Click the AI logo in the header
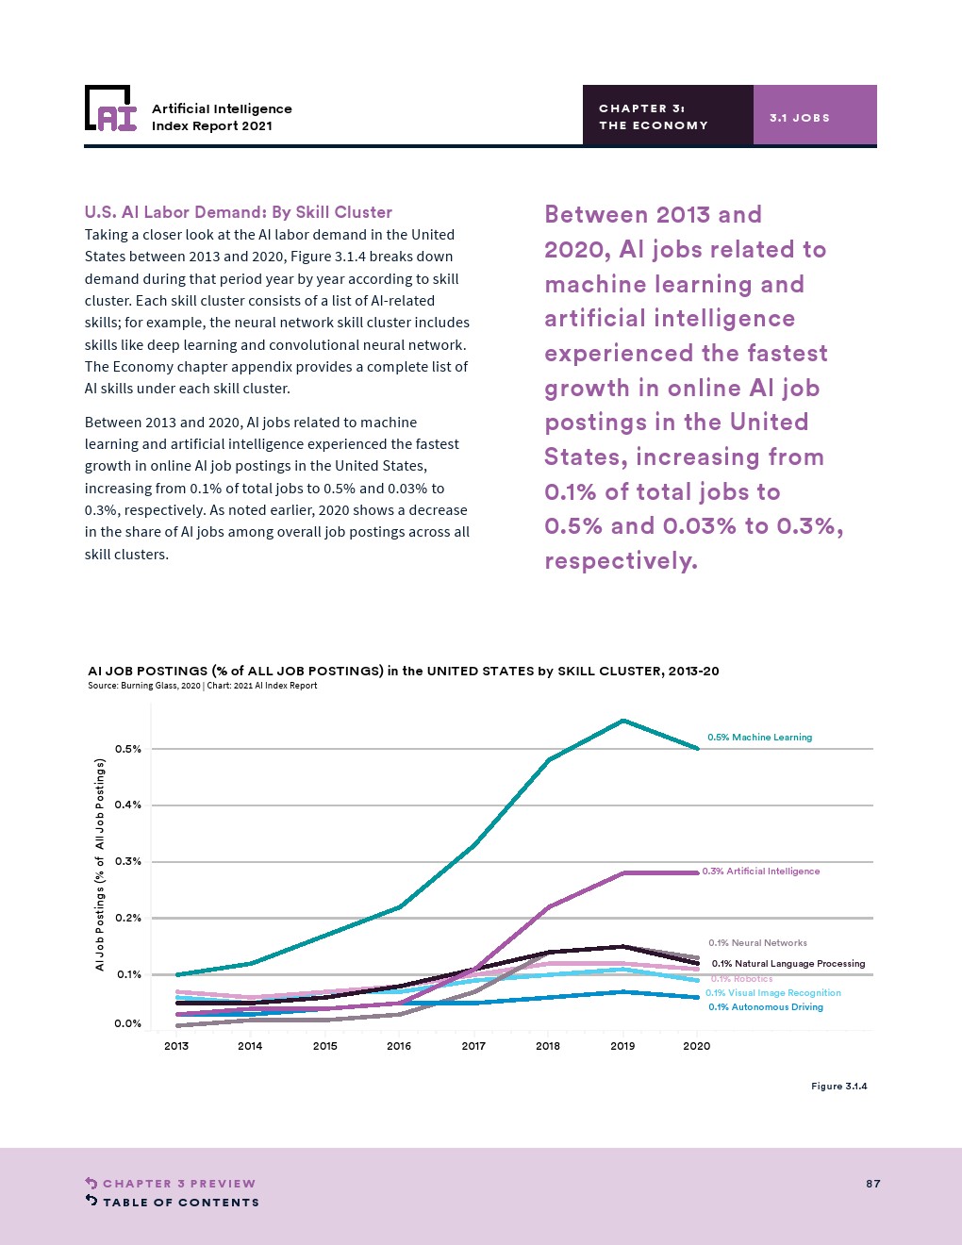110,108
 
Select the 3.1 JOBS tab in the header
800,118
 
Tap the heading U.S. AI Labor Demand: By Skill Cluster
238,212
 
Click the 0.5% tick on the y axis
128,749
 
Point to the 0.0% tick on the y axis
128,1023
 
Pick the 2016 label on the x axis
399,1046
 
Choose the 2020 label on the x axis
697,1046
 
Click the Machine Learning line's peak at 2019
622,721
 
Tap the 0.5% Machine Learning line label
759,738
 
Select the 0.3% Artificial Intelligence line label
760,871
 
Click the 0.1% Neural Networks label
757,943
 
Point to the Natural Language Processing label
788,964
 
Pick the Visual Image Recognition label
772,993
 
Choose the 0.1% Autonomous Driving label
765,1007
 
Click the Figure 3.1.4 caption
838,1087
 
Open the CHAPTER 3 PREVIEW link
178,1184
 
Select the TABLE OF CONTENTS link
180,1203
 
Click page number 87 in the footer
873,1184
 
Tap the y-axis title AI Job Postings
100,865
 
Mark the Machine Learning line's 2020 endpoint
697,749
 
